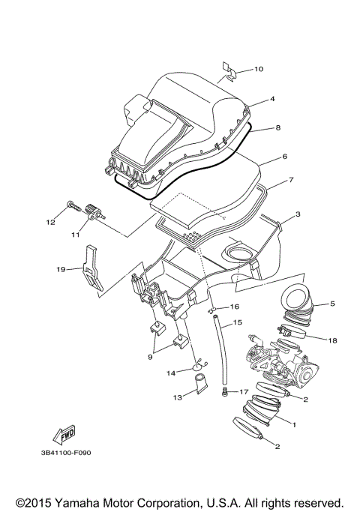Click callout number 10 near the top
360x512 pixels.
[x=258, y=70]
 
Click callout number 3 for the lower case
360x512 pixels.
[x=297, y=214]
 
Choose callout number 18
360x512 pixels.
[x=332, y=340]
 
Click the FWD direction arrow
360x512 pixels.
[x=62, y=436]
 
